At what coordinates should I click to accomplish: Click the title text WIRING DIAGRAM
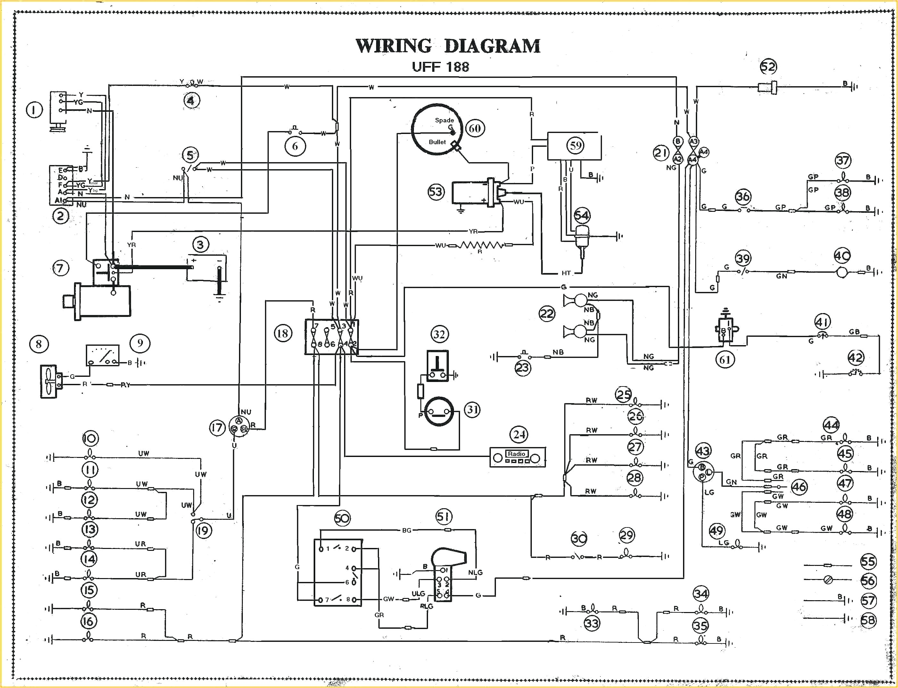448,46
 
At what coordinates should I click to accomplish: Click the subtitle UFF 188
440,67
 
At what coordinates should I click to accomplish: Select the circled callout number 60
474,128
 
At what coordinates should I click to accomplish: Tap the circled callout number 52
768,67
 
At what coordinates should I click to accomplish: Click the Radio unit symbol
518,457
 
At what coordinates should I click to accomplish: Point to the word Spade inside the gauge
444,120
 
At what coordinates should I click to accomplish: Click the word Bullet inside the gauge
437,142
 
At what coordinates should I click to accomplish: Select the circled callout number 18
283,333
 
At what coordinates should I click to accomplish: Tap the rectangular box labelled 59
574,146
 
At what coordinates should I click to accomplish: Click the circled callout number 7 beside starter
61,268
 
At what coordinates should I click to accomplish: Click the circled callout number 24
519,434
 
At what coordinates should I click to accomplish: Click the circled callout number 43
703,451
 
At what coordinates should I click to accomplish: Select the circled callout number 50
342,518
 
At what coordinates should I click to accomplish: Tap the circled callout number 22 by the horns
547,314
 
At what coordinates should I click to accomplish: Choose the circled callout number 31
472,410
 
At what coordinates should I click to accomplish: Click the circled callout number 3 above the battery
200,245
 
